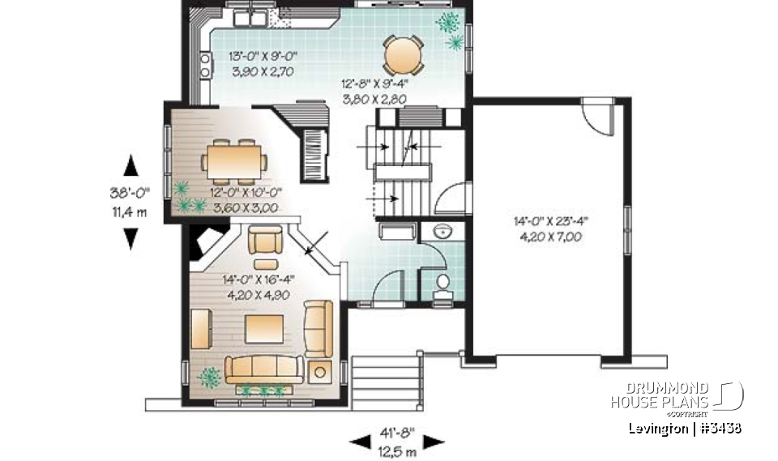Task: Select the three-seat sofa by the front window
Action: (x=264, y=369)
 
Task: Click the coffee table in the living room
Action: (x=265, y=329)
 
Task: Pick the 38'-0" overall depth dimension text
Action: (x=130, y=194)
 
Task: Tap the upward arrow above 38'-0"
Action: (x=130, y=166)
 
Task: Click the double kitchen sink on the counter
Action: (x=249, y=17)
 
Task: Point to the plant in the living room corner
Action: (x=210, y=377)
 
